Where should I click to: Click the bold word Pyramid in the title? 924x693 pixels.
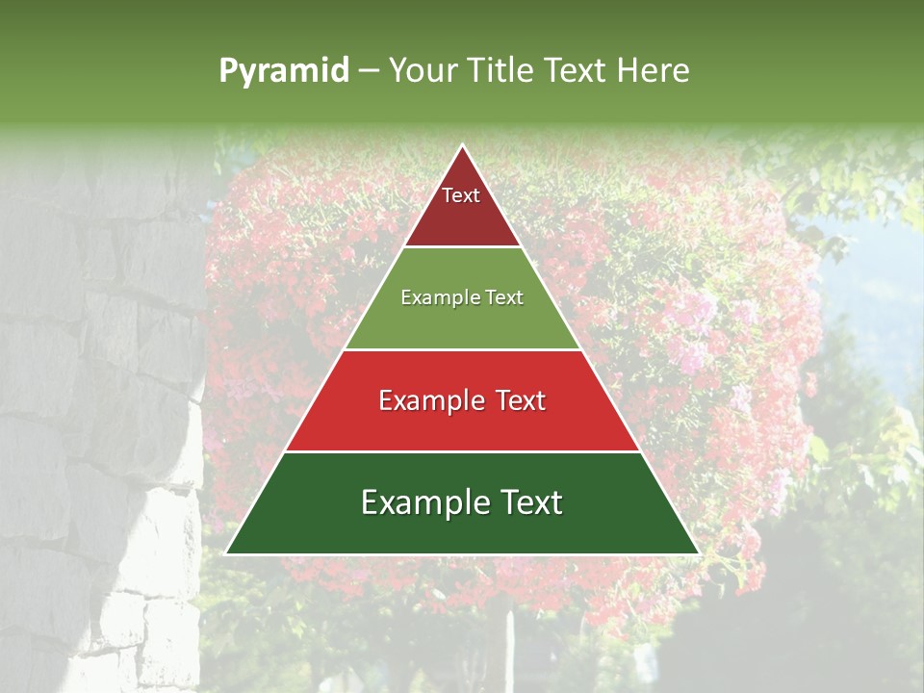pyautogui.click(x=283, y=71)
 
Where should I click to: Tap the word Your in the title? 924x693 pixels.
pyautogui.click(x=424, y=71)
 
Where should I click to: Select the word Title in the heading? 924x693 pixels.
pyautogui.click(x=503, y=71)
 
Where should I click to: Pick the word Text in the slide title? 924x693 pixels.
pyautogui.click(x=576, y=71)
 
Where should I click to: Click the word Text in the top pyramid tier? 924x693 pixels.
pyautogui.click(x=461, y=195)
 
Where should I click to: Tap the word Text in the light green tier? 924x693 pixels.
pyautogui.click(x=504, y=297)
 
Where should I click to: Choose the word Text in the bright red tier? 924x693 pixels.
pyautogui.click(x=517, y=400)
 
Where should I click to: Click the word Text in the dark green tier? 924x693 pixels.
pyautogui.click(x=525, y=502)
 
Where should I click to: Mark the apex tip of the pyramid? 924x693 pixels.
pyautogui.click(x=462, y=146)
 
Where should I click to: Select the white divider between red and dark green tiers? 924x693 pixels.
pyautogui.click(x=462, y=451)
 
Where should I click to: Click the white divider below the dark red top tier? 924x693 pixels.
pyautogui.click(x=462, y=247)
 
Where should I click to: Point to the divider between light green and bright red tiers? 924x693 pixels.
pyautogui.click(x=462, y=349)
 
